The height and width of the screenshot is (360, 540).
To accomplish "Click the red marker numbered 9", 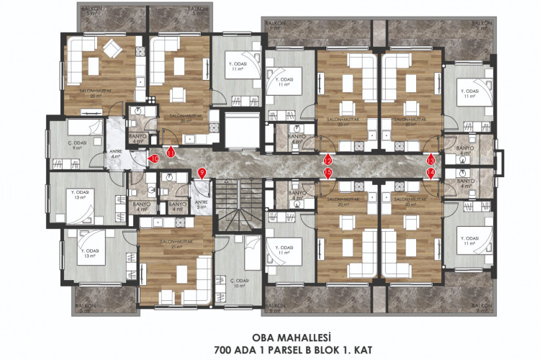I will pyautogui.click(x=202, y=173).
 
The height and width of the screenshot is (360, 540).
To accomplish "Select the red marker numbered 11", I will pyautogui.click(x=171, y=153).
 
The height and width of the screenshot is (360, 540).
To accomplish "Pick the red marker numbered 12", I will pyautogui.click(x=328, y=161).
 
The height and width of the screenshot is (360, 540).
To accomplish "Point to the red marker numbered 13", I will pyautogui.click(x=431, y=161).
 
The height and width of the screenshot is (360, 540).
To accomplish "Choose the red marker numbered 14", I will pyautogui.click(x=431, y=173).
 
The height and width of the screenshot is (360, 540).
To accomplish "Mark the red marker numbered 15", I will pyautogui.click(x=328, y=173).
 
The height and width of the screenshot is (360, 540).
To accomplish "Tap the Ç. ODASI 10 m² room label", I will pyautogui.click(x=238, y=282).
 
